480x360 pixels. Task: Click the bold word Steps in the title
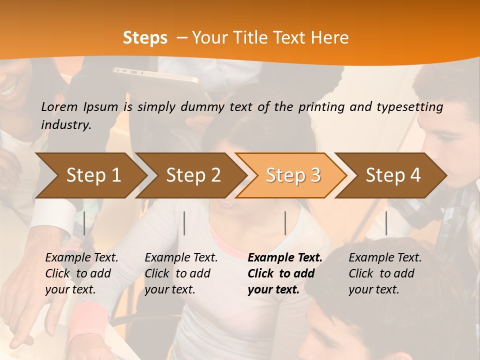[145, 38]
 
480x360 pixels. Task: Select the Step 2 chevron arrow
[193, 175]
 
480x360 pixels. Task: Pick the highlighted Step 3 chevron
[293, 175]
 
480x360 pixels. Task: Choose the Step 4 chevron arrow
[393, 175]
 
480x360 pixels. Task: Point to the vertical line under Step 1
[84, 223]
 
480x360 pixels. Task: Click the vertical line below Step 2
[184, 223]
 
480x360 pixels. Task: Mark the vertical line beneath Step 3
[285, 223]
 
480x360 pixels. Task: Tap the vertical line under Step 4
[386, 223]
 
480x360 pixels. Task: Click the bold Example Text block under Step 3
[285, 273]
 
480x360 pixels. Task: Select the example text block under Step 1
[81, 273]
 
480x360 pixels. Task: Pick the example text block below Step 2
[181, 273]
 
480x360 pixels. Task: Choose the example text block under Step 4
[385, 273]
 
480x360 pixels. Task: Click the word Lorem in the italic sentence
[59, 107]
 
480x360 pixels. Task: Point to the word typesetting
[411, 107]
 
